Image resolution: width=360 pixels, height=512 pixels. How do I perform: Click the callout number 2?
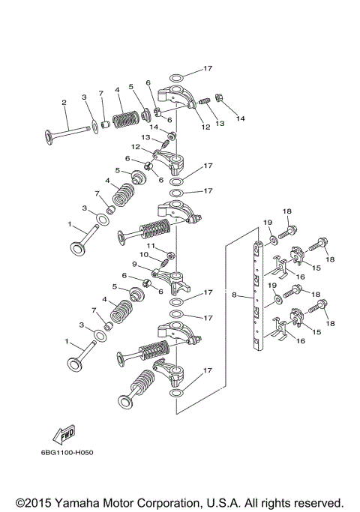(x=64, y=103)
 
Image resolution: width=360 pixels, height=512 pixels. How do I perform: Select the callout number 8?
(x=234, y=295)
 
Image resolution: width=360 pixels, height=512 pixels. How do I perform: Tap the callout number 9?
(x=134, y=264)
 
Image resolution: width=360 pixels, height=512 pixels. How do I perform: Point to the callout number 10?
(x=144, y=254)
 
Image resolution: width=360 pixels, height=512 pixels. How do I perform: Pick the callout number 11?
(x=151, y=246)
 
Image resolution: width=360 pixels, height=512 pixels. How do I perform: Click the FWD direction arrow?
(x=64, y=435)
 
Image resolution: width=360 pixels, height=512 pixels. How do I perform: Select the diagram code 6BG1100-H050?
(x=67, y=453)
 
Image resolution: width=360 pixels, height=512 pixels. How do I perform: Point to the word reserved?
(x=314, y=503)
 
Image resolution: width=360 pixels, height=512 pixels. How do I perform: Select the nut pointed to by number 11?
(x=169, y=255)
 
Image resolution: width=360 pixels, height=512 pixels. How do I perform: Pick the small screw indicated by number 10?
(x=164, y=262)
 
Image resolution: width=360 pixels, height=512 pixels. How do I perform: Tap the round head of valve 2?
(x=49, y=137)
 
